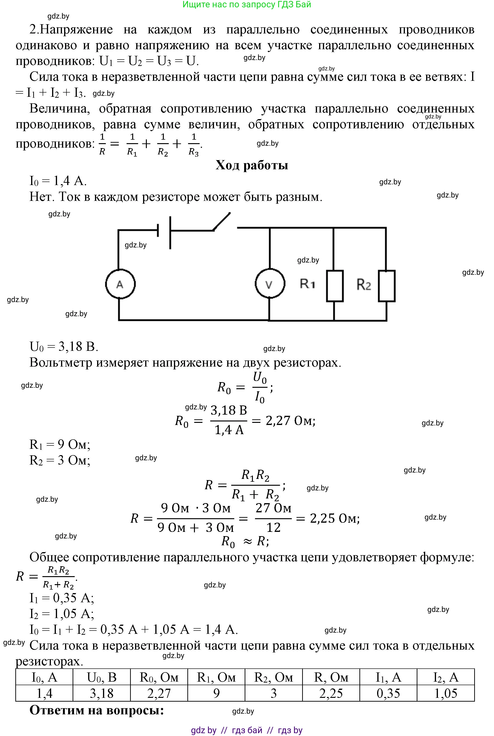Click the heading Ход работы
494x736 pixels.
pos(252,165)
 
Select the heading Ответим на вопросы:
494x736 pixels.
pos(97,710)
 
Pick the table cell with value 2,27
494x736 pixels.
pos(159,693)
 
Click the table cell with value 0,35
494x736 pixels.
pos(388,693)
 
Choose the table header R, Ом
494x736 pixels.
pos(331,677)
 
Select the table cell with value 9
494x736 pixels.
pos(216,693)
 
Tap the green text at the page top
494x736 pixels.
pos(247,4)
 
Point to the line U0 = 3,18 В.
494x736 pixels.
pos(64,346)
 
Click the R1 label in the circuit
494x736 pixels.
pos(307,284)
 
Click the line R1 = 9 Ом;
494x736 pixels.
pos(60,444)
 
